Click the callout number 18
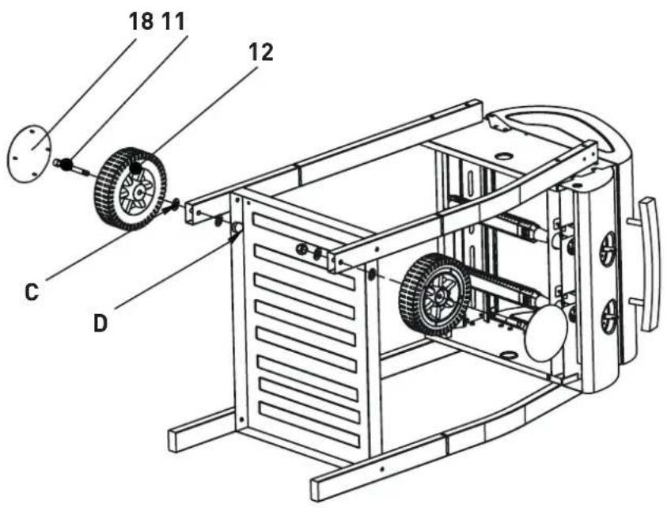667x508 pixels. tap(141, 21)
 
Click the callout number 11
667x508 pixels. tap(173, 21)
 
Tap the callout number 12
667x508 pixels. tap(261, 52)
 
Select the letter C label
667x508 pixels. tap(32, 292)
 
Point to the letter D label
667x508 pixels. tap(100, 324)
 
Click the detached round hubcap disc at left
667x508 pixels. tap(29, 154)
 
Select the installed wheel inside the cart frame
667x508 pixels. tap(434, 294)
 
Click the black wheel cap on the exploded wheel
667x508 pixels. tap(136, 169)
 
